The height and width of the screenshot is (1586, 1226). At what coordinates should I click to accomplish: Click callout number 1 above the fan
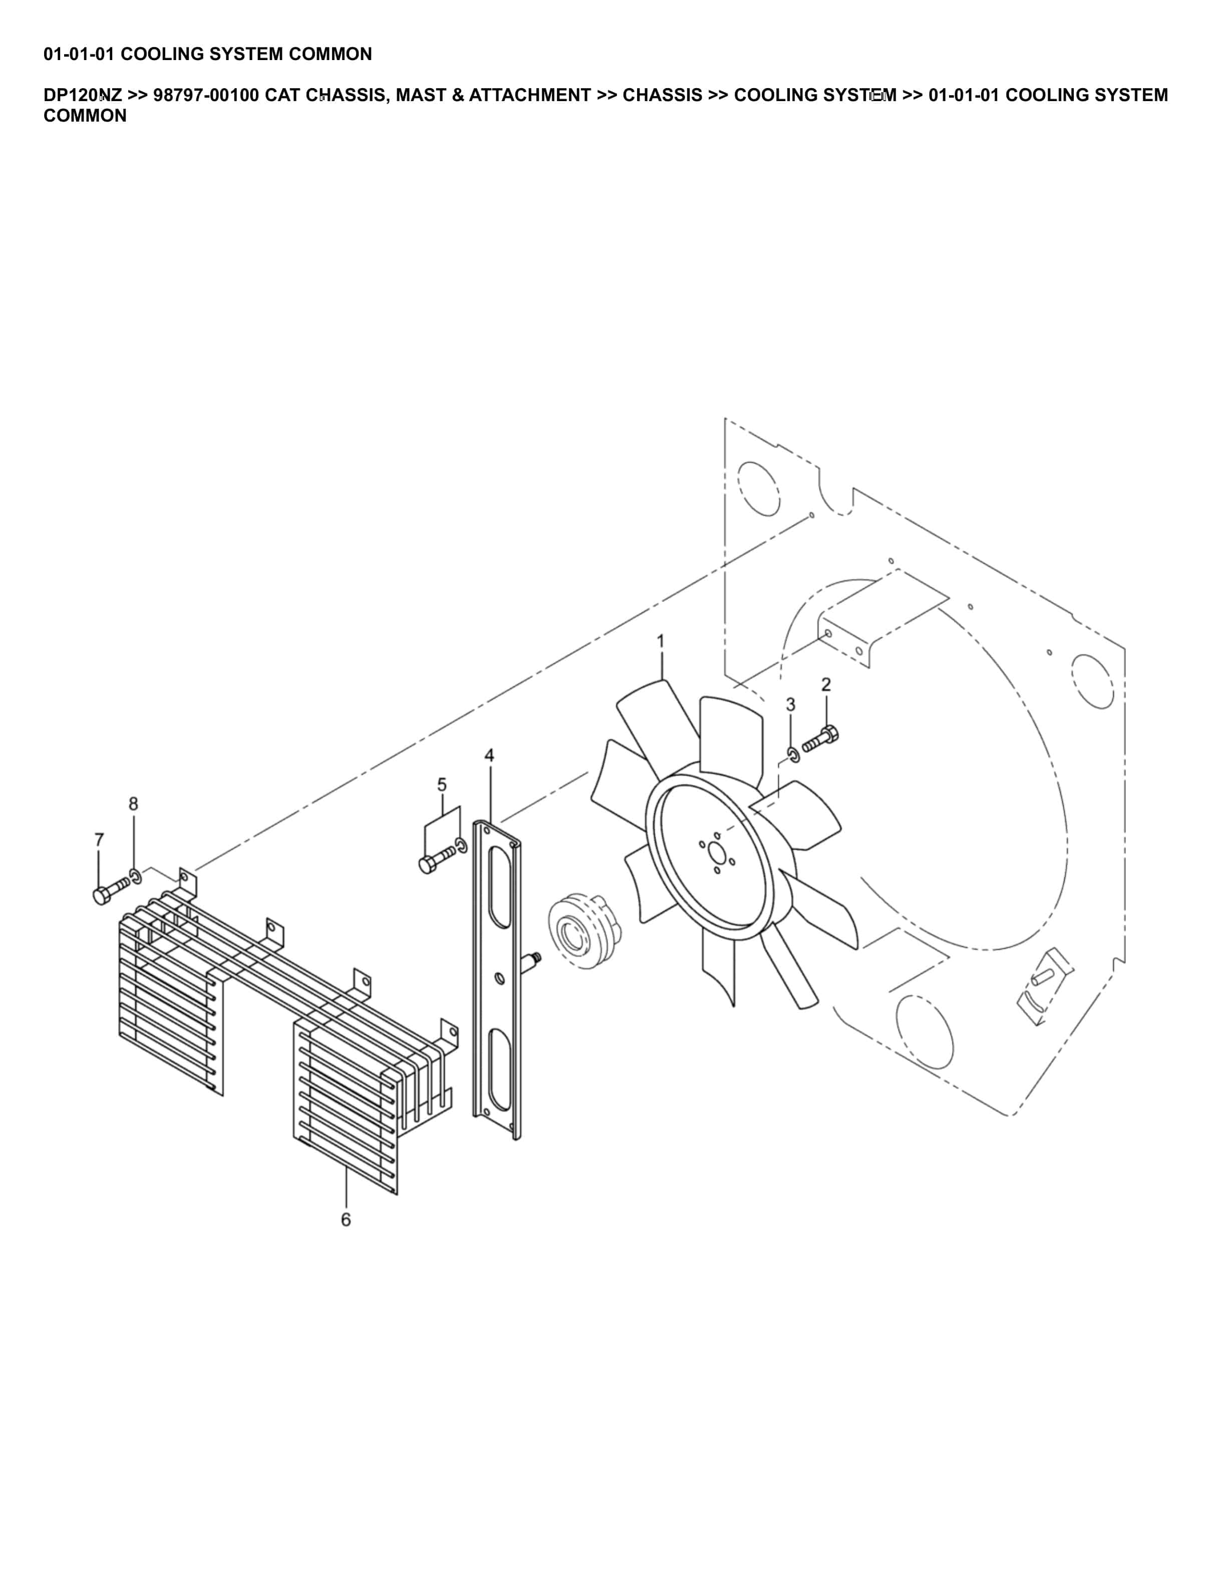tap(660, 641)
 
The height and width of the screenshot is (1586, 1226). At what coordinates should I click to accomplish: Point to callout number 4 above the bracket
tap(489, 755)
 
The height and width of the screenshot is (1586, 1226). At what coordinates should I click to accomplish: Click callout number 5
tap(442, 784)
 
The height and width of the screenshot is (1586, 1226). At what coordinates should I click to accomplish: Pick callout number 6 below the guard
tap(346, 1219)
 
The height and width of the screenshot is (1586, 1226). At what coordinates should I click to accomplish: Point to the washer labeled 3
tap(794, 754)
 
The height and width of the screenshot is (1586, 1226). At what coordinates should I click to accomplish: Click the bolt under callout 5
tap(437, 859)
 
